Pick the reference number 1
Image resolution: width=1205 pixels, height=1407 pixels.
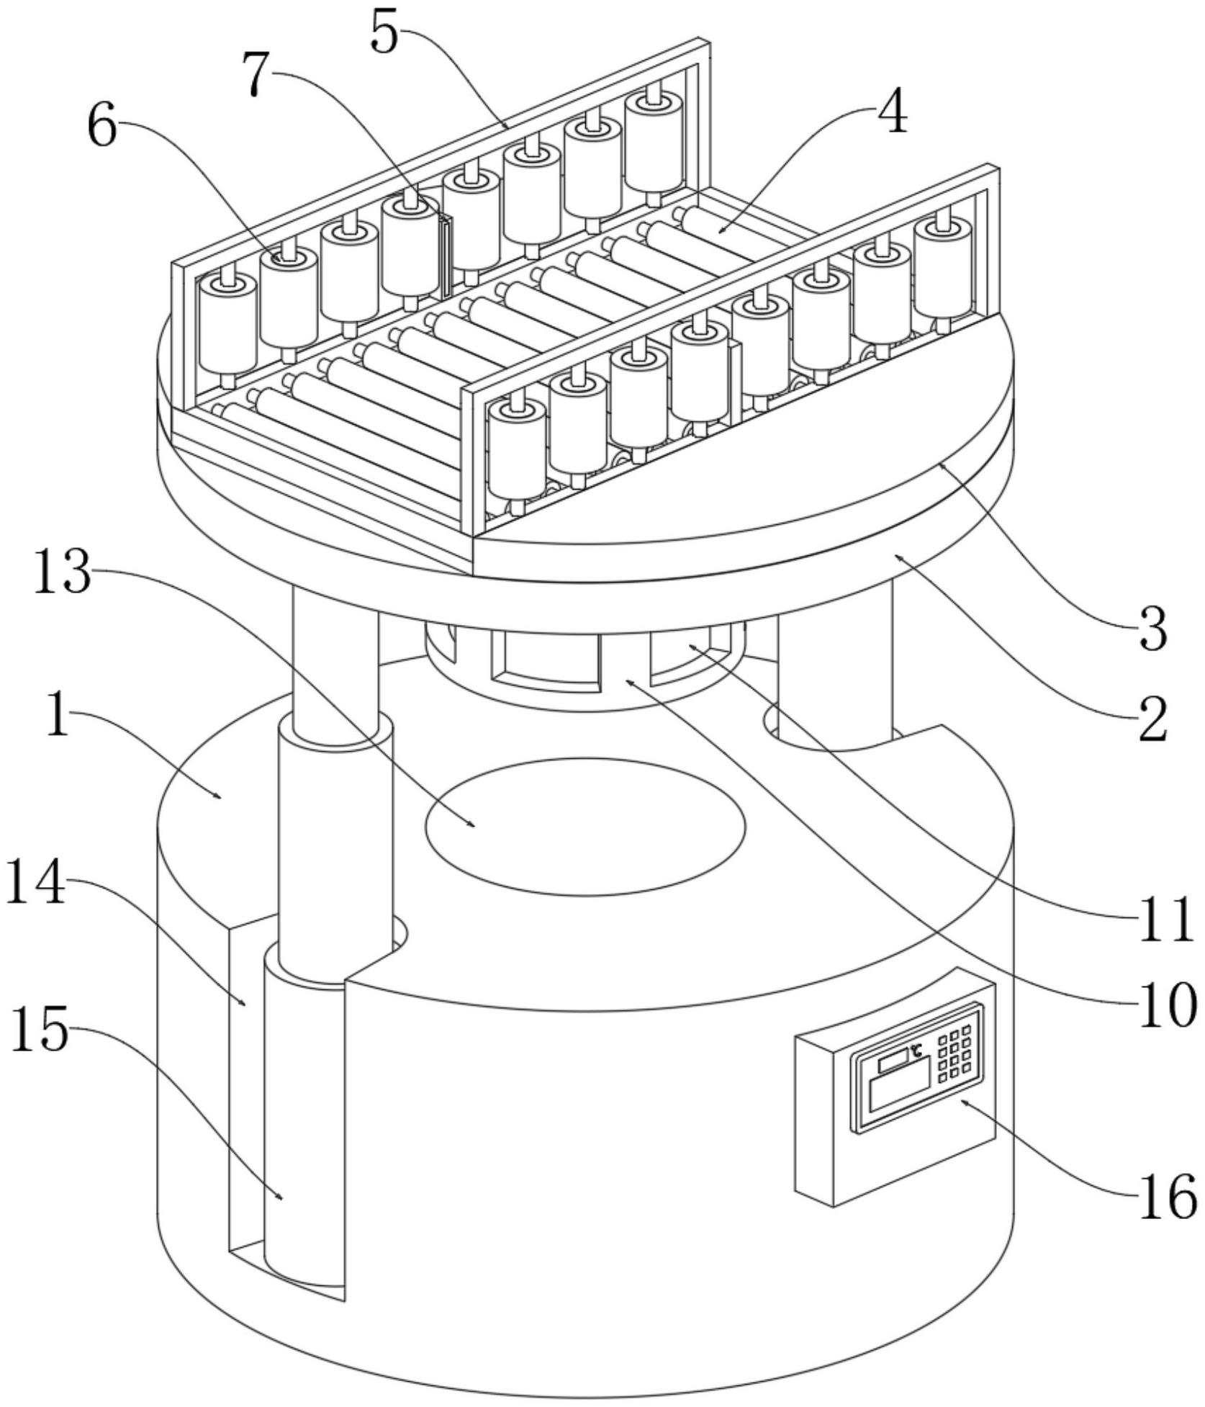(x=58, y=714)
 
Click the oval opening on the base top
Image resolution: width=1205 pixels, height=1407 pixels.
(x=585, y=827)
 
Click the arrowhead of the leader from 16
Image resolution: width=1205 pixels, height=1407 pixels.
(x=963, y=1100)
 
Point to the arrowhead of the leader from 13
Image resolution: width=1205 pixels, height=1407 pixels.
(x=472, y=824)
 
